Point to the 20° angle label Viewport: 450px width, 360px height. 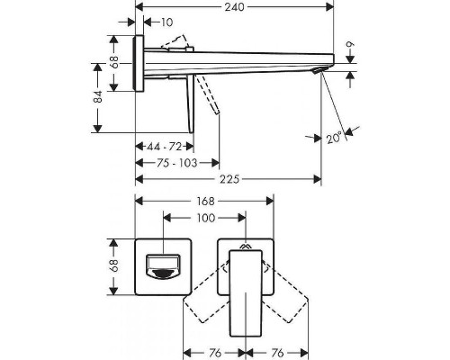coord(336,137)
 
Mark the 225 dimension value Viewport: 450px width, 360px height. coord(230,179)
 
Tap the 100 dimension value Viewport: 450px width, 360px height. coord(204,219)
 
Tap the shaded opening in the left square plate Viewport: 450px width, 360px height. coord(164,267)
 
